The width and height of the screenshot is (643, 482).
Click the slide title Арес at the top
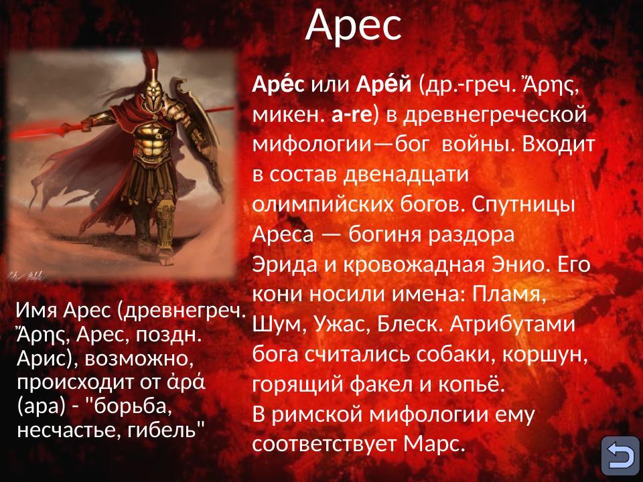point(354,25)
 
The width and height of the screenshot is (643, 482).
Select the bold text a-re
point(352,114)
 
